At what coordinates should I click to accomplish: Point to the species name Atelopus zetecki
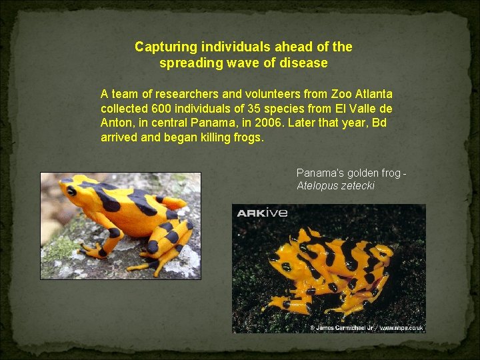point(336,186)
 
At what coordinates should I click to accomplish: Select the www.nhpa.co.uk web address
point(401,327)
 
